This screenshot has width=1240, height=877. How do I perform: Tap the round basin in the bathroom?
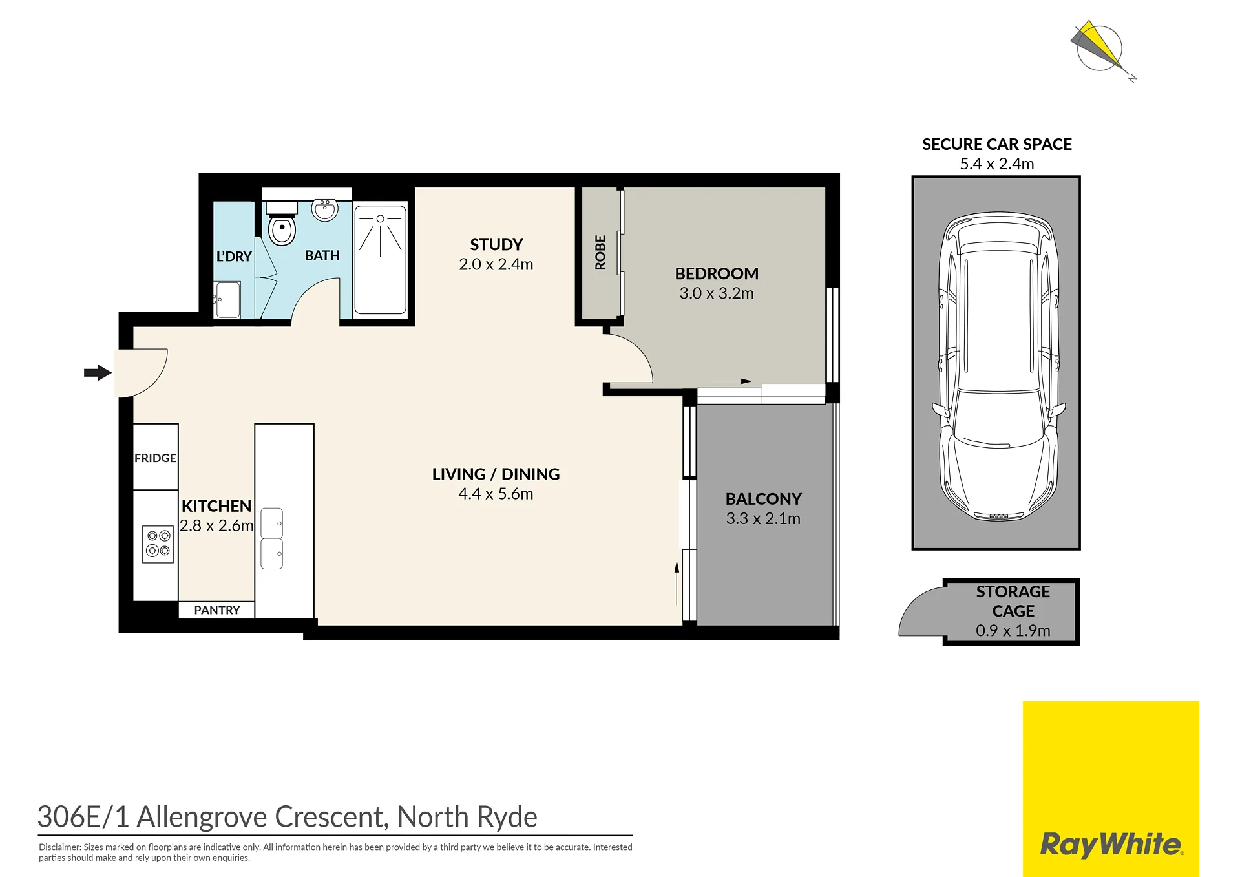tap(324, 209)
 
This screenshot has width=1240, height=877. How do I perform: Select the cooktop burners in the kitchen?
tap(158, 544)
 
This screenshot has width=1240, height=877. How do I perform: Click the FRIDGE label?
tap(155, 458)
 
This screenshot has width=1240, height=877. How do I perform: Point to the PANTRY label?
tap(217, 610)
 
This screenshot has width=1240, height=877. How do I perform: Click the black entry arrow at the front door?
tap(98, 372)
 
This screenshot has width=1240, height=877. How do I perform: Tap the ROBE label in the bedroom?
tap(600, 252)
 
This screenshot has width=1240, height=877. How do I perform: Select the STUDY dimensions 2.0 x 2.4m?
tap(496, 264)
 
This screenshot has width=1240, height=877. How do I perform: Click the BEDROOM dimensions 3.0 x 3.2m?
tap(717, 293)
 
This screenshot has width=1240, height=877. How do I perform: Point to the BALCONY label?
tap(763, 499)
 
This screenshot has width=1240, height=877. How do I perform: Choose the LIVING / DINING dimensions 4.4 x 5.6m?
tap(496, 494)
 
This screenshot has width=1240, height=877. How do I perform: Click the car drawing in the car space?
tap(998, 366)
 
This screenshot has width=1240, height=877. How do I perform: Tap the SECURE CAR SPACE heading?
tap(996, 144)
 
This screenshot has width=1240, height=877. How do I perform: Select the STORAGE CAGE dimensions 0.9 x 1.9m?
tap(1013, 630)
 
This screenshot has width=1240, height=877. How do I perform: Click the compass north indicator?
tap(1104, 51)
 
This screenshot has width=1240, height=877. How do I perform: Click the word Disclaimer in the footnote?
tap(60, 847)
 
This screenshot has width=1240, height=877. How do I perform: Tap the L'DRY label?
tap(234, 257)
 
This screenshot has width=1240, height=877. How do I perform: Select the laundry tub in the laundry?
tap(227, 300)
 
